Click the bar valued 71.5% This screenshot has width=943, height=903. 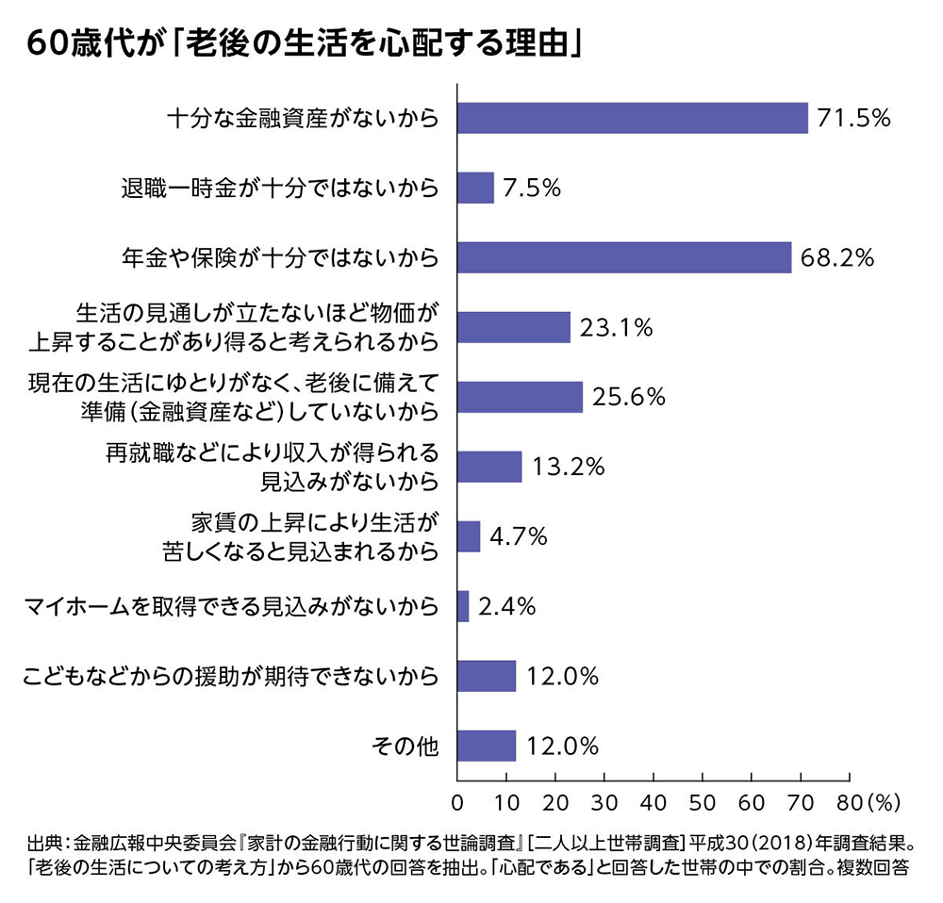tap(632, 118)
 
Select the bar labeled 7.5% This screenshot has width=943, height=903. tap(475, 188)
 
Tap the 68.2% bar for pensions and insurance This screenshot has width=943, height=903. tap(623, 257)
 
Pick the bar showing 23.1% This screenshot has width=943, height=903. tap(513, 327)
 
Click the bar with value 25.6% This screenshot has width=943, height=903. tap(520, 397)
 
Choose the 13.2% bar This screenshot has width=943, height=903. tap(488, 467)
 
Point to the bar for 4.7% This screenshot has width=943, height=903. tap(469, 536)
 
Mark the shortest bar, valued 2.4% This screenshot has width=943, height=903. tap(463, 606)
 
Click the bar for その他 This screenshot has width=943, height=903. tap(487, 746)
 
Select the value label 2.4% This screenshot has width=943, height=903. tap(507, 607)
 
